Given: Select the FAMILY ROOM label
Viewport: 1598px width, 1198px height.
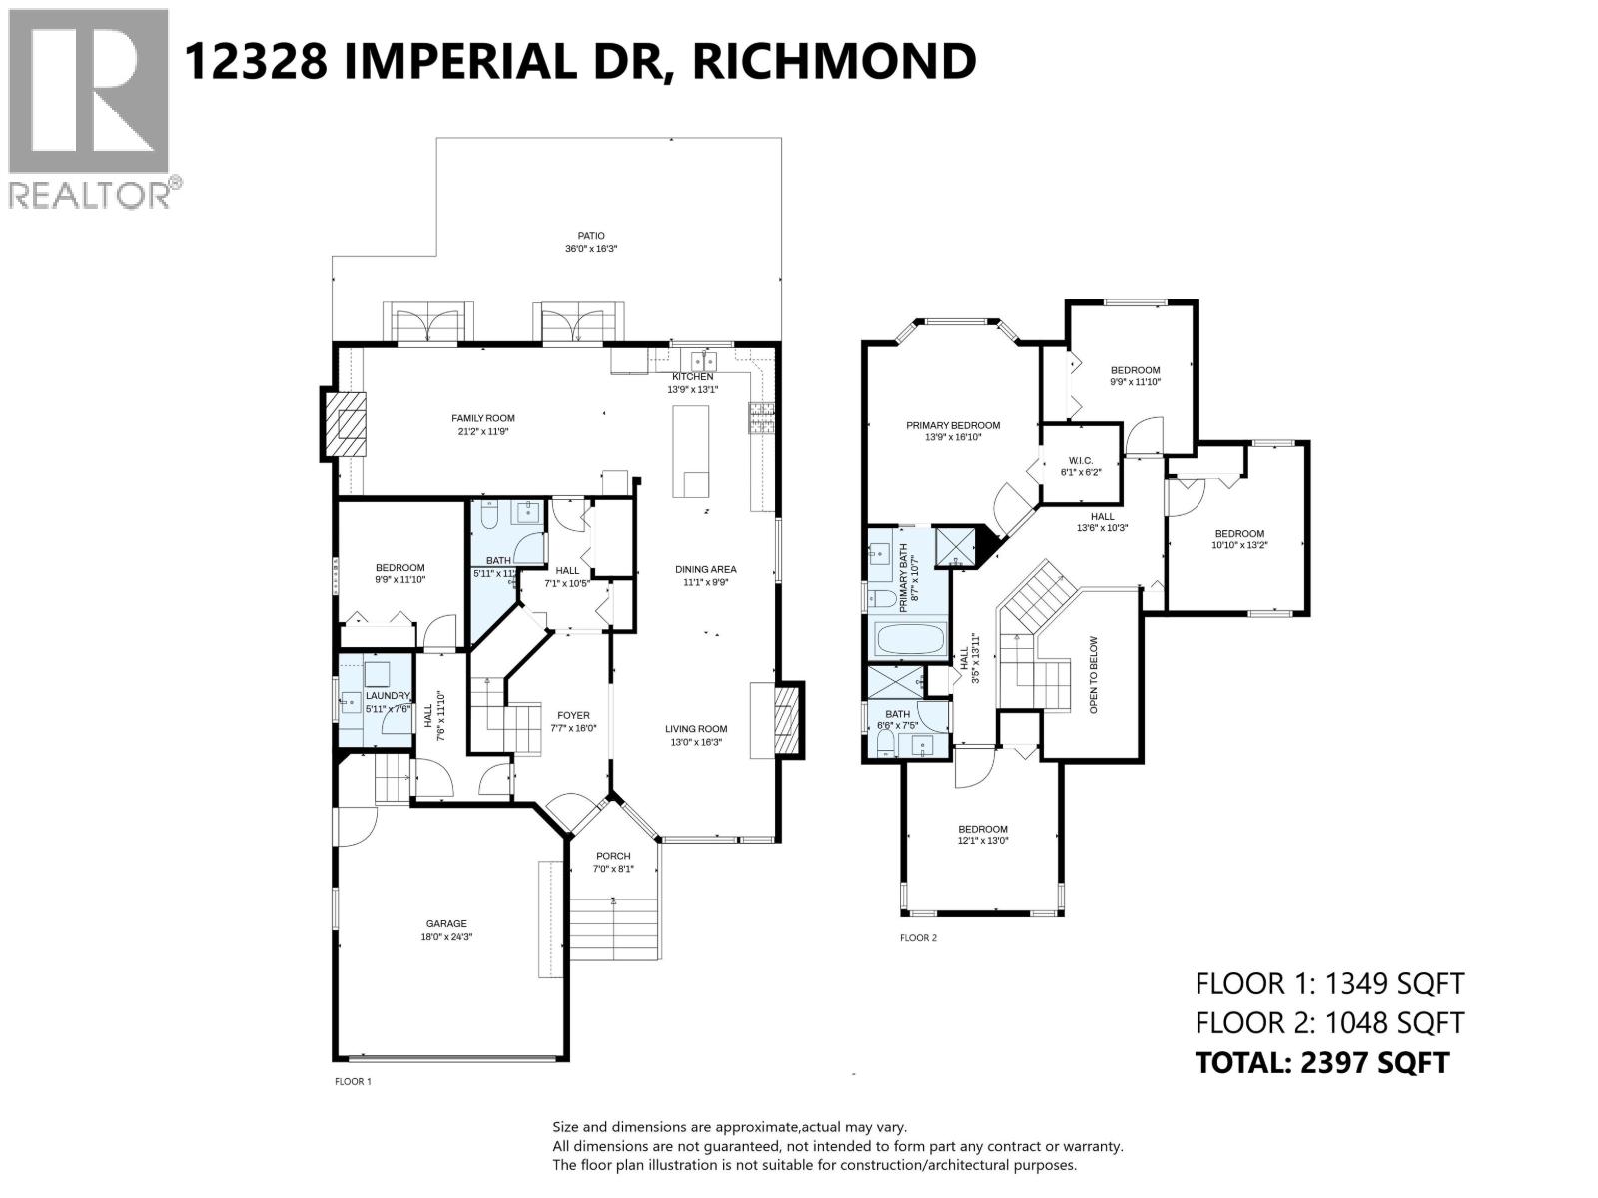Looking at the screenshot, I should click(483, 418).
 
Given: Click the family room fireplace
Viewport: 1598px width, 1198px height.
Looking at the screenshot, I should click(345, 425).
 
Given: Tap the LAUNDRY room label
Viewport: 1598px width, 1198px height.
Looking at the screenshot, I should click(388, 696).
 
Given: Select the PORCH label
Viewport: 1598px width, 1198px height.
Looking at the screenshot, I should click(613, 856).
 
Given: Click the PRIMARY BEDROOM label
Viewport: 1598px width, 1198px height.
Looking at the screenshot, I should click(953, 425).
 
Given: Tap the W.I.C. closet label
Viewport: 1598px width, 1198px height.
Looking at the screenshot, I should click(1079, 460).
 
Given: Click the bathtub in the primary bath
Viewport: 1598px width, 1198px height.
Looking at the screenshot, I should click(909, 639).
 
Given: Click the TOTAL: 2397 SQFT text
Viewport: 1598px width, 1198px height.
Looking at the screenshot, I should click(1321, 1063).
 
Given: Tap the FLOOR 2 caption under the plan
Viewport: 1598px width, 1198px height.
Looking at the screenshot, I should click(918, 938).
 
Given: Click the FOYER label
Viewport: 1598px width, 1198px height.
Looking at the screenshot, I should click(573, 715).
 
